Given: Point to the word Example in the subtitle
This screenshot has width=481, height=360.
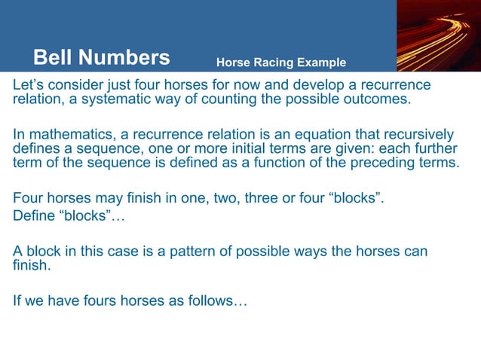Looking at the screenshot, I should coord(321,63).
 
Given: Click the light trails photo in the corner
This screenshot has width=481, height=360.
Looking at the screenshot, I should coord(439,35).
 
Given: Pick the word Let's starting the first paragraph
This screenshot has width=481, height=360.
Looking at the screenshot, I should coord(29,84).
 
